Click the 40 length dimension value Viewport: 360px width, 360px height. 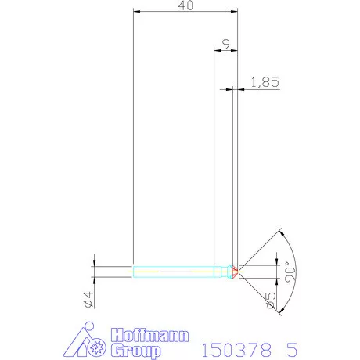(x=186, y=6)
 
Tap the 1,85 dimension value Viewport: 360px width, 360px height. (x=264, y=81)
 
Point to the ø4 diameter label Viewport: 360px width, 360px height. (x=88, y=299)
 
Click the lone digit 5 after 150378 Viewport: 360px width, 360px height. (x=292, y=347)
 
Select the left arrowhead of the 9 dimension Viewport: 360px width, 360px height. (x=217, y=51)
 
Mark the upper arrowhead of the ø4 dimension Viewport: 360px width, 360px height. (x=93, y=264)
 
